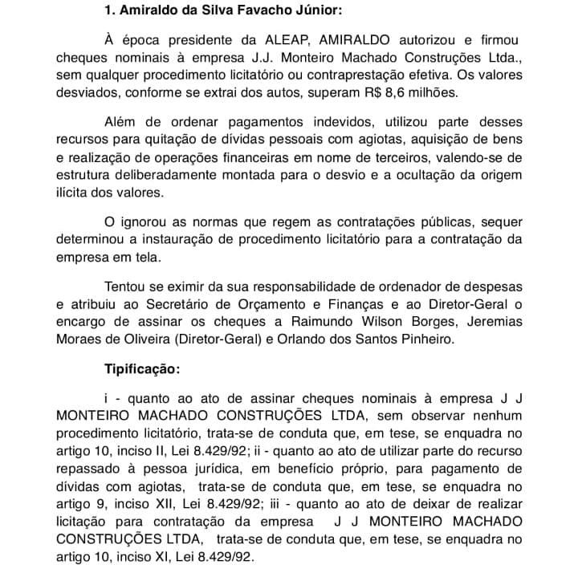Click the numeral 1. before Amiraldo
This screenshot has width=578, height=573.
[x=111, y=12]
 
